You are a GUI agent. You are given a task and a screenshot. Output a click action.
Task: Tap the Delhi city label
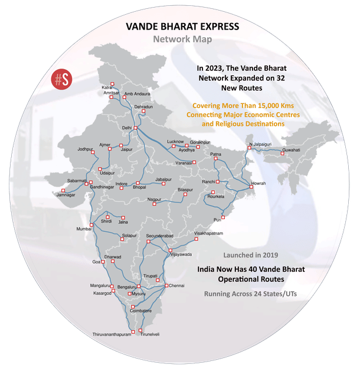click(x=126, y=128)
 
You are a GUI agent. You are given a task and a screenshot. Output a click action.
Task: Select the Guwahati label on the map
click(x=291, y=150)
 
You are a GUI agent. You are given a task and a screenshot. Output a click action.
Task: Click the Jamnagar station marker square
click(x=62, y=190)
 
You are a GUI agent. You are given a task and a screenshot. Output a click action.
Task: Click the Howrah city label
click(x=258, y=184)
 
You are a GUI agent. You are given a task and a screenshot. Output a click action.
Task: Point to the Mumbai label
click(x=85, y=229)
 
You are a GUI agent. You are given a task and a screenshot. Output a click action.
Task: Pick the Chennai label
click(x=177, y=286)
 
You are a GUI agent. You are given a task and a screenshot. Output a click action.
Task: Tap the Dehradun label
click(x=143, y=107)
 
